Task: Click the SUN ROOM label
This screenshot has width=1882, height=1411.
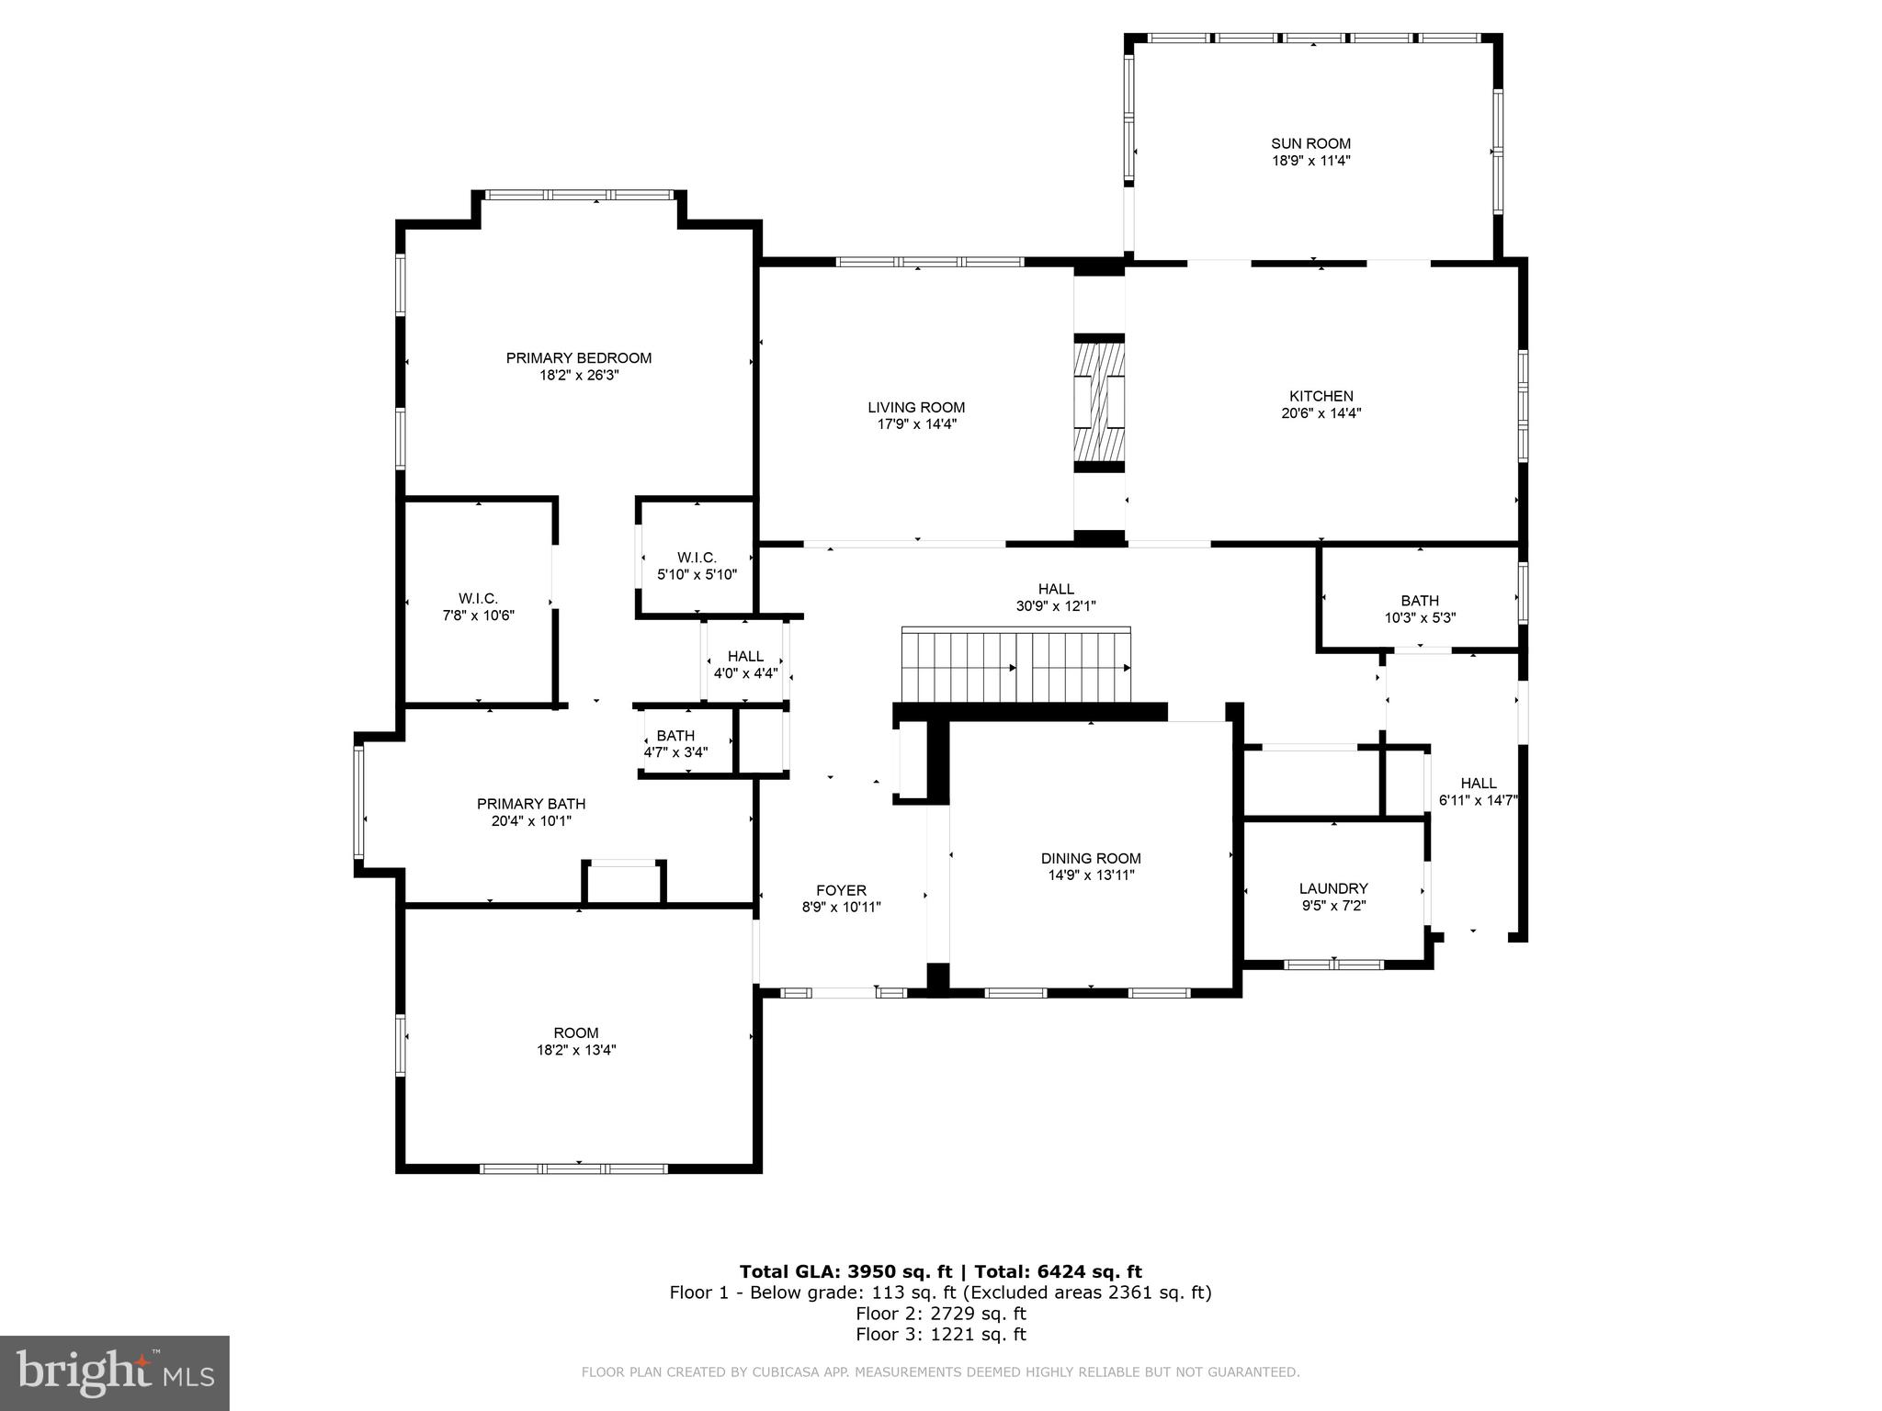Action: click(1310, 143)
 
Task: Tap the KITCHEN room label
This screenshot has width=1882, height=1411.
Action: click(1321, 396)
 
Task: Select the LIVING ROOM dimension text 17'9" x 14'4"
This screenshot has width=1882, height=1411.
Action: click(916, 424)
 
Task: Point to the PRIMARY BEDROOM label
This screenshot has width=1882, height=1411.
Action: click(578, 358)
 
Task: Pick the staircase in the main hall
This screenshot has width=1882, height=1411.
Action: click(1015, 665)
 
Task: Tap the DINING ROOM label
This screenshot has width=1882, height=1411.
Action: click(1091, 858)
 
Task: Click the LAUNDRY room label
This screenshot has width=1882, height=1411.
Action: click(1332, 888)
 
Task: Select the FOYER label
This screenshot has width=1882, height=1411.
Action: click(841, 890)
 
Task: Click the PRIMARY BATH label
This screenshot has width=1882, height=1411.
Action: click(531, 804)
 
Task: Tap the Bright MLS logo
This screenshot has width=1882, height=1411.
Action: click(114, 1373)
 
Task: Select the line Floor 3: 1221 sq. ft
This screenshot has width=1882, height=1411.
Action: click(940, 1334)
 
